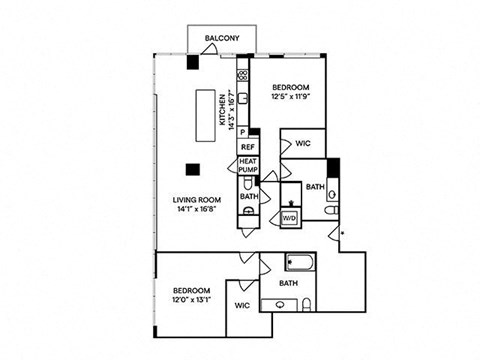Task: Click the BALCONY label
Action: (221, 39)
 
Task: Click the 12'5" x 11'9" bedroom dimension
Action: (292, 97)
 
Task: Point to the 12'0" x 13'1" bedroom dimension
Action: (184, 298)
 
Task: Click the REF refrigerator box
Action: (247, 146)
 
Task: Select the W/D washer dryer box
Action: (291, 216)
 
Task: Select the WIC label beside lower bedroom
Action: (242, 305)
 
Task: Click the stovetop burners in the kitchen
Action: (242, 76)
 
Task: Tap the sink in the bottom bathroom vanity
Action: (271, 304)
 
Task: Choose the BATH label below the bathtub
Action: (289, 283)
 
